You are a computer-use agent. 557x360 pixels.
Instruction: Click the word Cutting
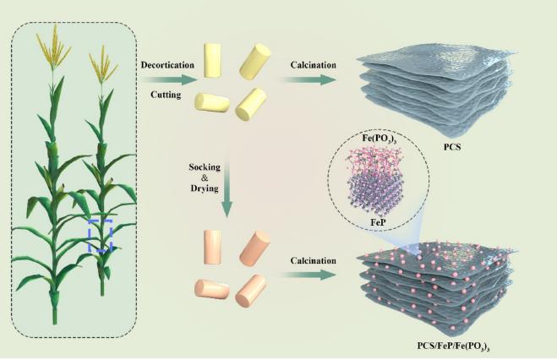[164, 95]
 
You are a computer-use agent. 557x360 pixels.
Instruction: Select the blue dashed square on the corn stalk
[101, 236]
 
